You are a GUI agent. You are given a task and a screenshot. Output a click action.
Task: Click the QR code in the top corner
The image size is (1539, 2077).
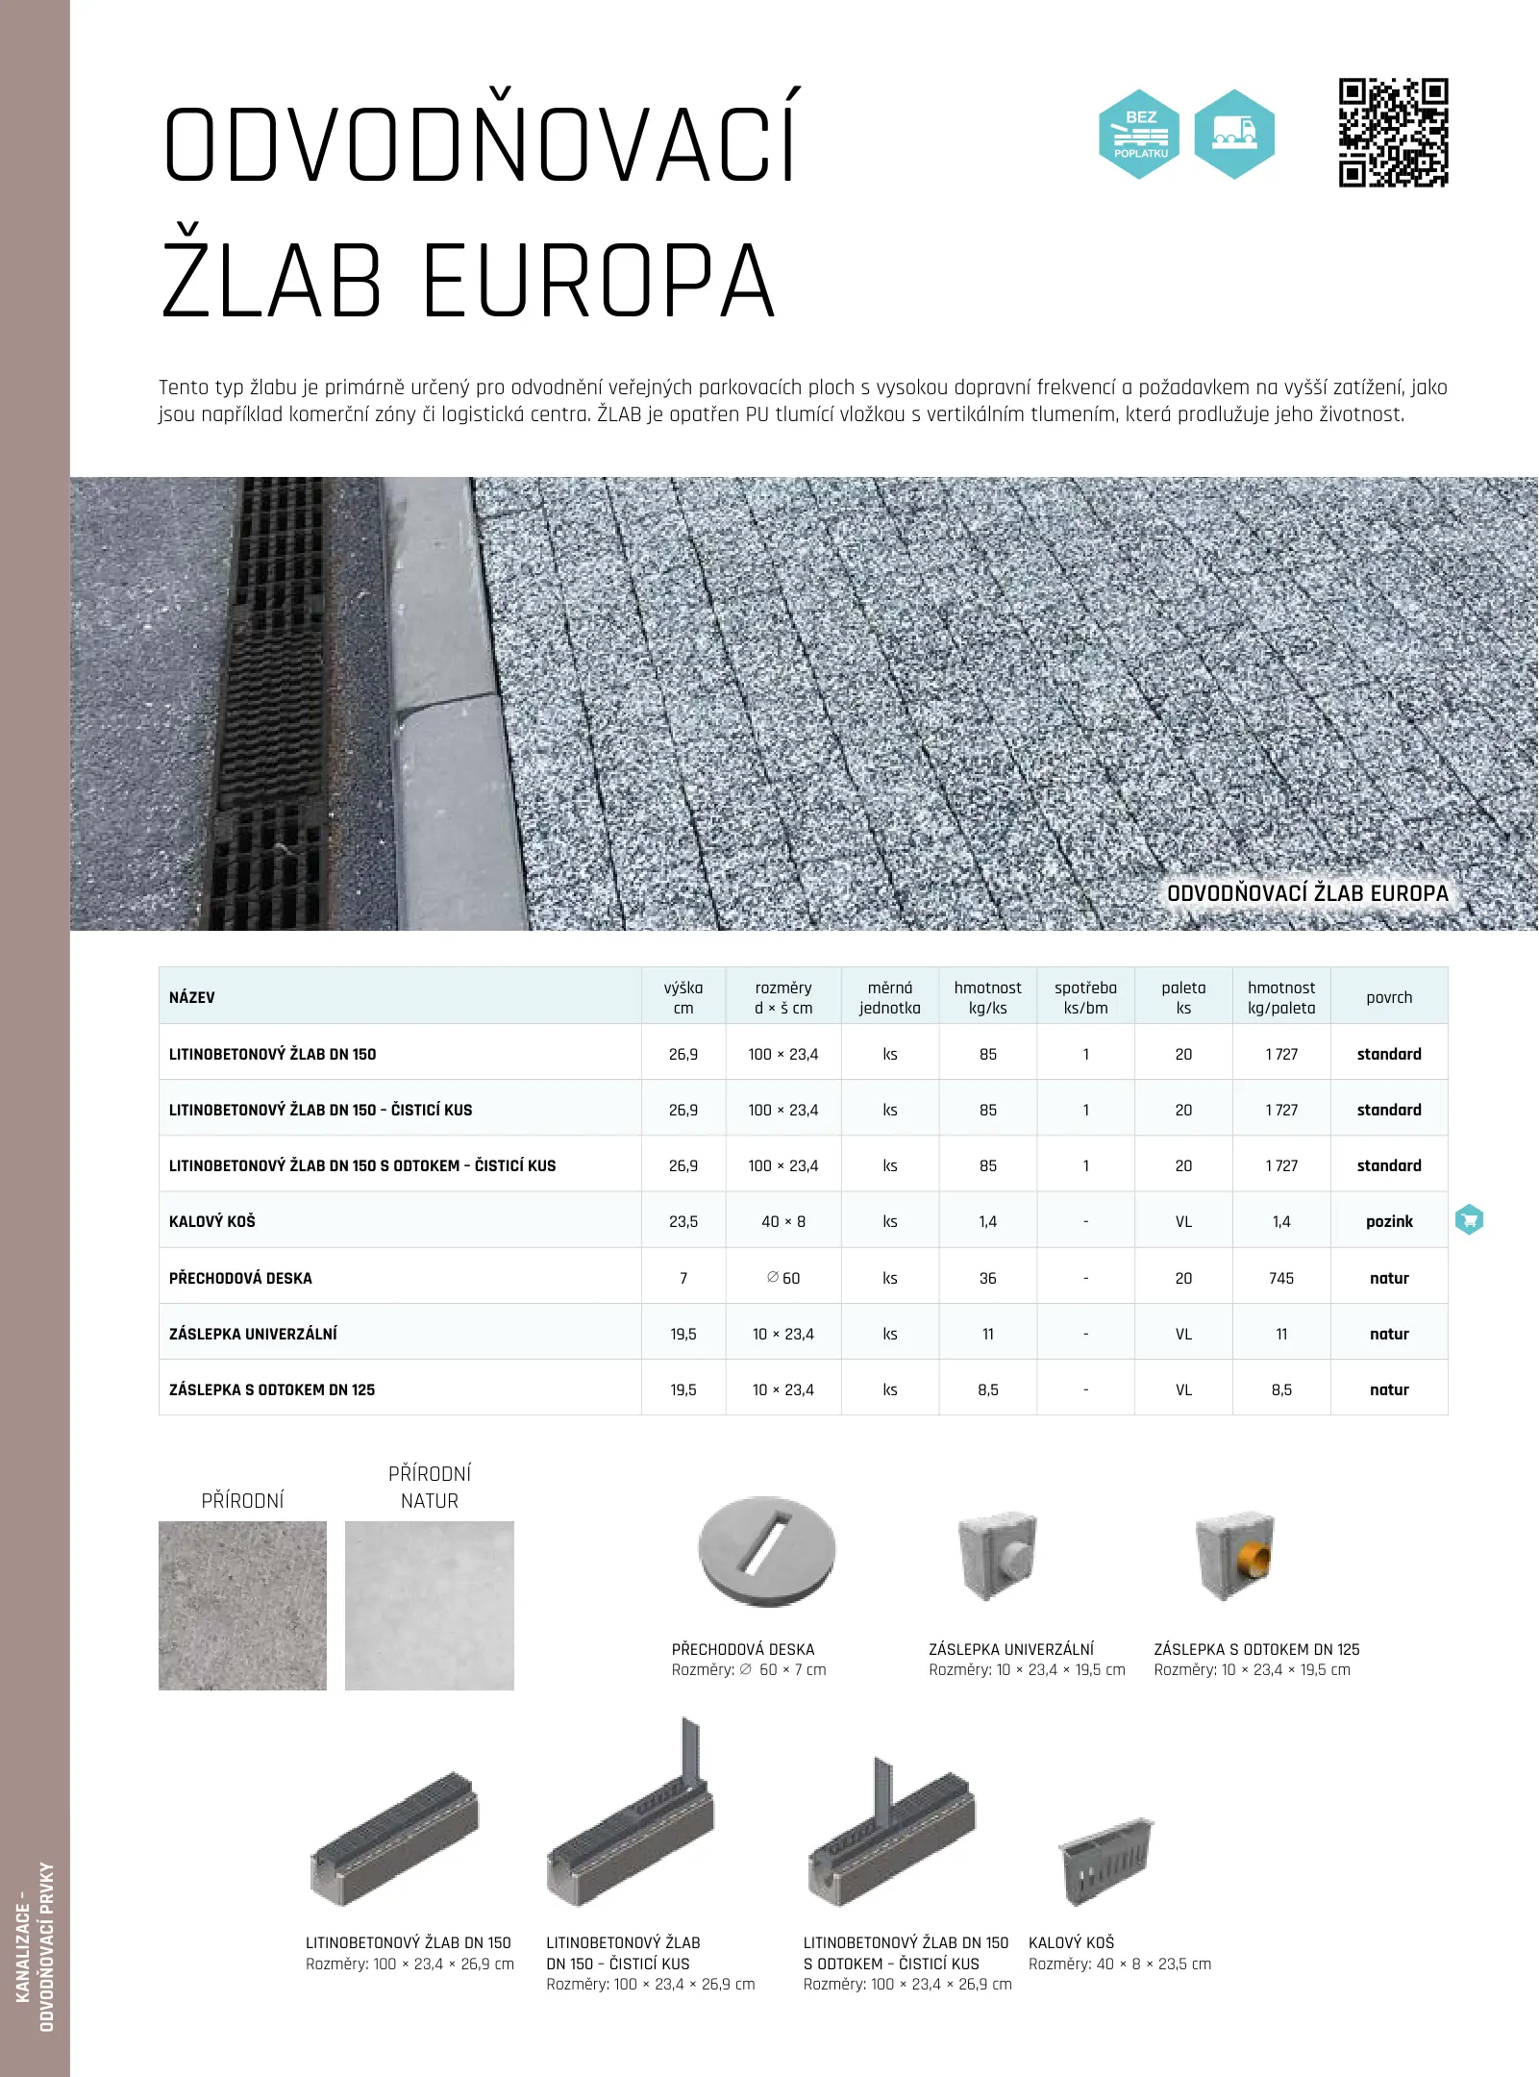[x=1393, y=133]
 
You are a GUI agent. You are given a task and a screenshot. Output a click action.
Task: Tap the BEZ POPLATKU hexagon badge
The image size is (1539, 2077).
[x=1139, y=135]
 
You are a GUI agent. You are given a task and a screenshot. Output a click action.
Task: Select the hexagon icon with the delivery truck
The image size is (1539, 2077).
[x=1234, y=135]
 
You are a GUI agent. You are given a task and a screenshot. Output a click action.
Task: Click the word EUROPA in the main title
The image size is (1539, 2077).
[x=598, y=282]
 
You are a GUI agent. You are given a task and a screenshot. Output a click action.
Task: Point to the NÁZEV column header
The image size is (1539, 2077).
[x=192, y=997]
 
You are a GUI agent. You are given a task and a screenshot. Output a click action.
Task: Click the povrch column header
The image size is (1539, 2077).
[x=1389, y=997]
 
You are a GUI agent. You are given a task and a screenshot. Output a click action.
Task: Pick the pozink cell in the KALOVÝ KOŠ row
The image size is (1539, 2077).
[x=1389, y=1221]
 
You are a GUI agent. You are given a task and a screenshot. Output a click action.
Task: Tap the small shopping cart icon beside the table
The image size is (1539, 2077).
[x=1469, y=1220]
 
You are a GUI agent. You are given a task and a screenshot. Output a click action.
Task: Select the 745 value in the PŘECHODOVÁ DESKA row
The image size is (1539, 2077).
[x=1281, y=1278]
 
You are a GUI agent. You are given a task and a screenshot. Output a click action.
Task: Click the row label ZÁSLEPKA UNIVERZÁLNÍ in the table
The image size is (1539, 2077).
[x=253, y=1334]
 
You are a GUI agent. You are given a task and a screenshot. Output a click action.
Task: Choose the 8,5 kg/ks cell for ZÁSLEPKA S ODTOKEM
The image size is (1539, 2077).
[x=988, y=1389]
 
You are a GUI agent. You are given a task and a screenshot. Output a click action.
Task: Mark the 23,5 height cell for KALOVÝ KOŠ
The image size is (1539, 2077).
[x=683, y=1221]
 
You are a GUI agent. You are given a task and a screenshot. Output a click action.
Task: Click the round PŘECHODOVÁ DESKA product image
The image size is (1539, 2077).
[x=766, y=1551]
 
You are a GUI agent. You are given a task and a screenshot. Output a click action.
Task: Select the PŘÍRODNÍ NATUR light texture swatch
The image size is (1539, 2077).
[x=430, y=1605]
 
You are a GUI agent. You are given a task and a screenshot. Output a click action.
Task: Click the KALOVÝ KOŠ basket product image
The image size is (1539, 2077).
[x=1105, y=1861]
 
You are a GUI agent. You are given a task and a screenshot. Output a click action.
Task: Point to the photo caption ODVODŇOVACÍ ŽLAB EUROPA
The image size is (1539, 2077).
[x=1307, y=893]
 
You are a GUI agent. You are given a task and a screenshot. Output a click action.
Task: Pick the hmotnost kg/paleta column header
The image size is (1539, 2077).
[x=1281, y=997]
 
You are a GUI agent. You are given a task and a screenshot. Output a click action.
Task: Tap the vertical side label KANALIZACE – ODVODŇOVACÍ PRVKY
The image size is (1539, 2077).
[x=35, y=1947]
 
